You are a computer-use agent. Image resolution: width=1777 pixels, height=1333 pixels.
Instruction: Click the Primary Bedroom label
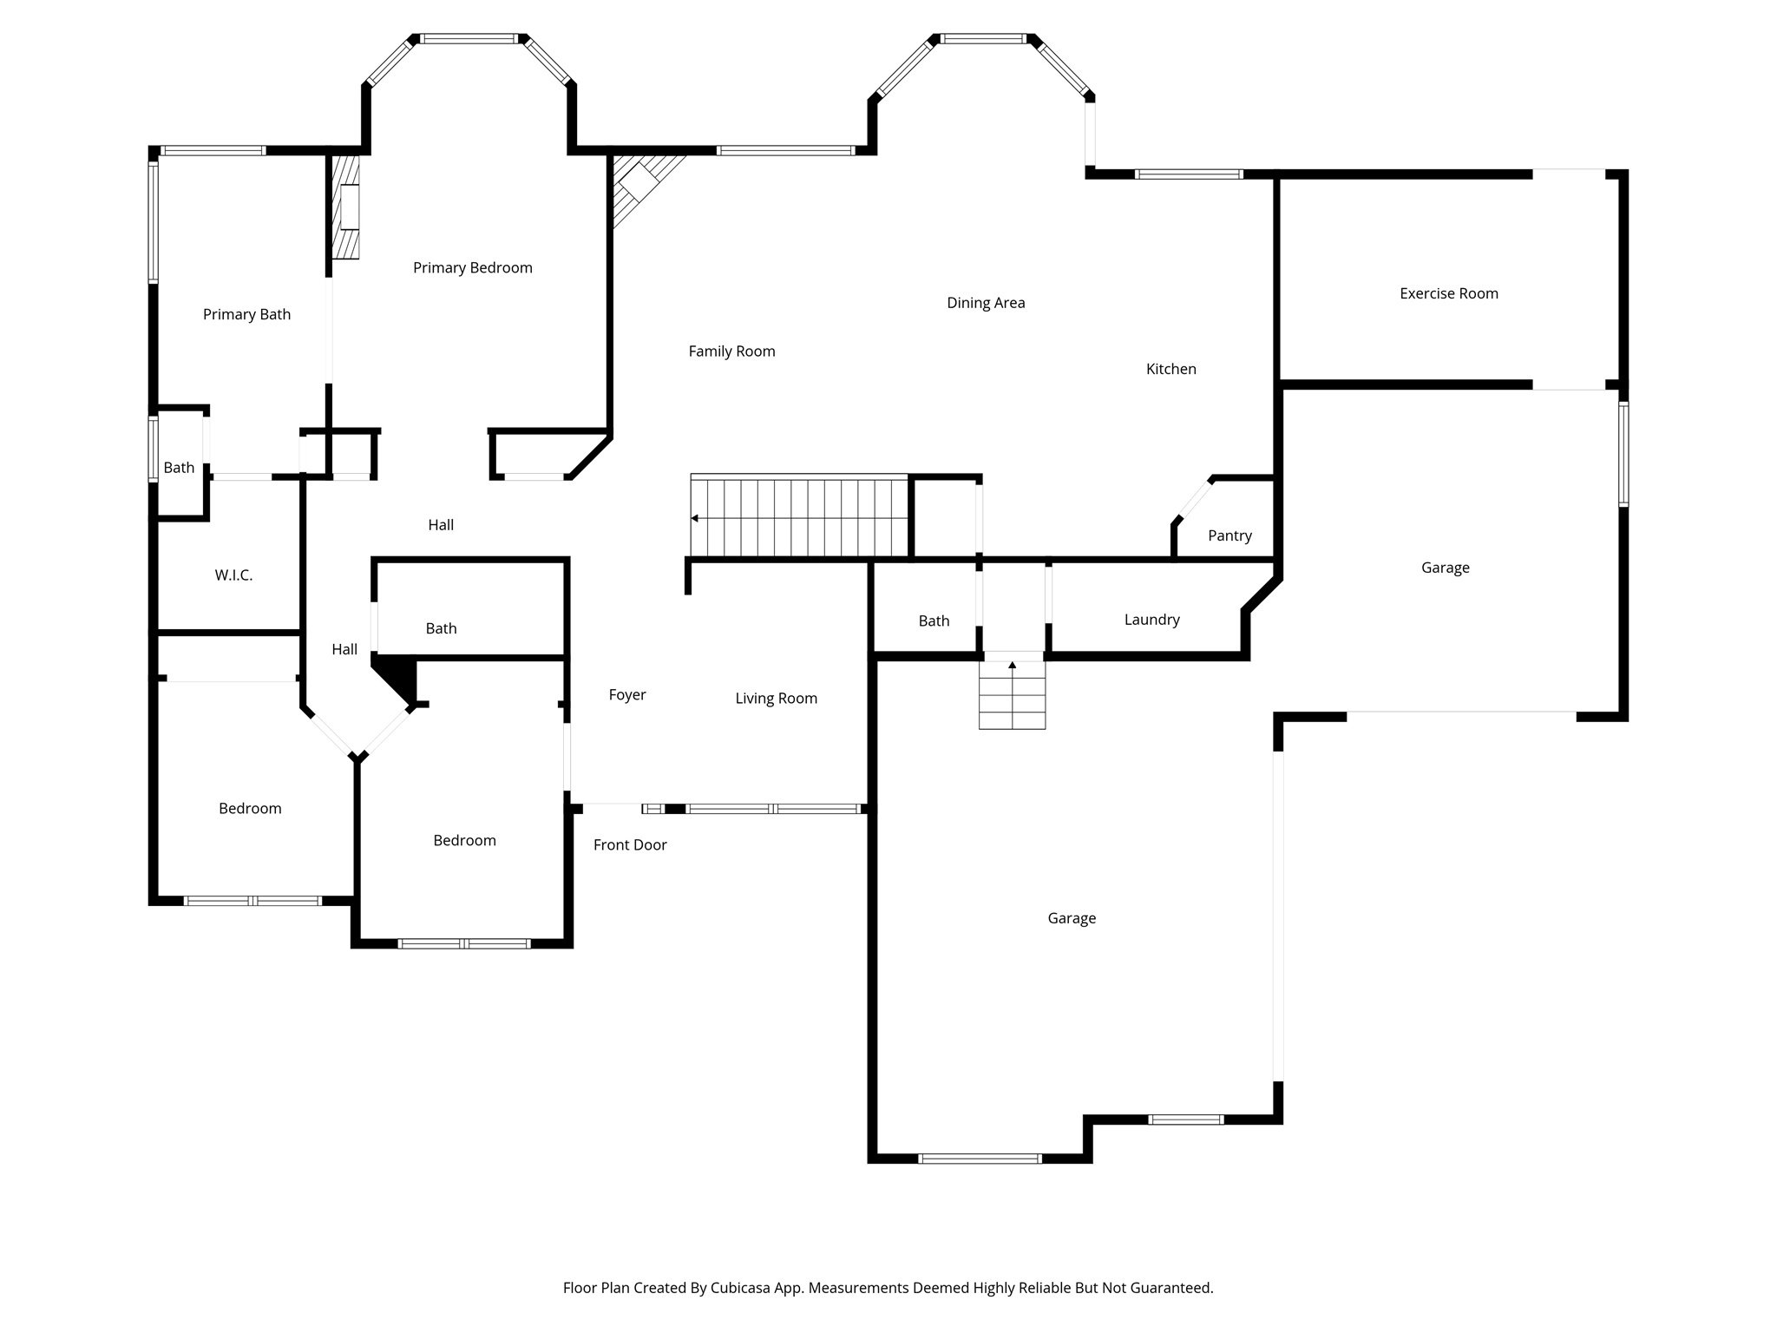click(472, 267)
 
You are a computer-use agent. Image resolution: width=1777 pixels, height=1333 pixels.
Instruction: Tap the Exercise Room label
click(1448, 293)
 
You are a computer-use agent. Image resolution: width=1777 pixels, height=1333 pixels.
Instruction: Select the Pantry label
click(1229, 535)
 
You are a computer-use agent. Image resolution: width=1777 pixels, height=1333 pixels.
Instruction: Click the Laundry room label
click(1151, 620)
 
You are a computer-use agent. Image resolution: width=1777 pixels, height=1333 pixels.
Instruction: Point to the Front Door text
click(630, 844)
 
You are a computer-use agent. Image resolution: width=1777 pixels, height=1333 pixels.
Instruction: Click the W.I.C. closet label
click(233, 575)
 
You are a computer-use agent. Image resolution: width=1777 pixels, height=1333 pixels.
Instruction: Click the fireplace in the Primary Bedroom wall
click(348, 207)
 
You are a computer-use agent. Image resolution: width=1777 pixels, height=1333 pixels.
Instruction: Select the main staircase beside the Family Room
click(798, 516)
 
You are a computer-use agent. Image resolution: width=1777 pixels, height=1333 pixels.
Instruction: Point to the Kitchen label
click(1170, 369)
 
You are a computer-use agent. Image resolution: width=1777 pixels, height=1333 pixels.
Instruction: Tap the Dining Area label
click(986, 303)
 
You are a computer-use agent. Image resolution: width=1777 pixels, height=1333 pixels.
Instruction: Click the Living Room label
click(776, 699)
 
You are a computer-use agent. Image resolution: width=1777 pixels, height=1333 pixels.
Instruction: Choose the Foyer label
click(626, 694)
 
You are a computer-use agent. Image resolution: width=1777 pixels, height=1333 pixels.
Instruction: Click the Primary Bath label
click(246, 314)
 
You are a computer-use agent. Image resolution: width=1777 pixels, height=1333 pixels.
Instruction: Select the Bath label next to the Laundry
click(934, 621)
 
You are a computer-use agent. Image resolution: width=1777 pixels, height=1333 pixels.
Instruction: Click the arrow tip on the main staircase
click(694, 518)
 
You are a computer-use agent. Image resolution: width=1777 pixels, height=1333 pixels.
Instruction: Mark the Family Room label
click(731, 351)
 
